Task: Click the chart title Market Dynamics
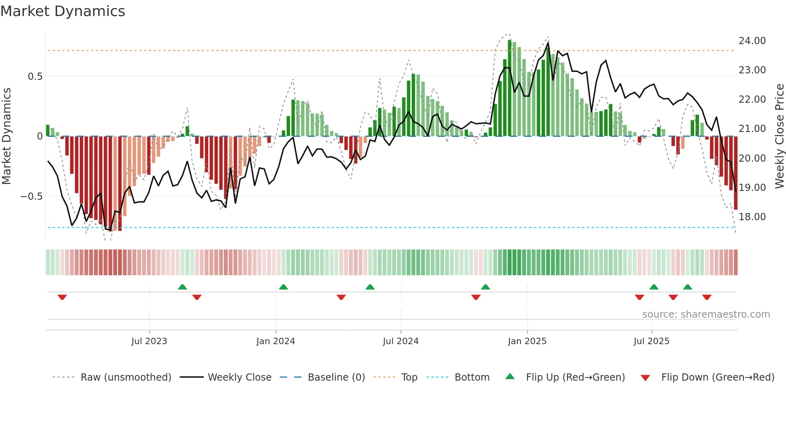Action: pos(63,11)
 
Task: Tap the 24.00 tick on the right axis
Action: pos(752,41)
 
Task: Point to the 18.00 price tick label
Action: pos(752,217)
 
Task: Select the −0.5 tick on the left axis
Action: pos(31,197)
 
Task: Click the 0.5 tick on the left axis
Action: pos(35,77)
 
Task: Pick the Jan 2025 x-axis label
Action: pos(527,341)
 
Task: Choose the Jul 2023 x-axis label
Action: pos(149,341)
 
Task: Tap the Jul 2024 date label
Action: pos(401,341)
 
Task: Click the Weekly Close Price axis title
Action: pos(779,136)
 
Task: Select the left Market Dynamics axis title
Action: pos(6,136)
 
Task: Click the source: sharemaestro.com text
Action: pos(706,314)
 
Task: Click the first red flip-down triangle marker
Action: pos(62,297)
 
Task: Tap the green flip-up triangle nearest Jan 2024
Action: pos(284,287)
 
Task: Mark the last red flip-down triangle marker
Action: pos(707,297)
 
